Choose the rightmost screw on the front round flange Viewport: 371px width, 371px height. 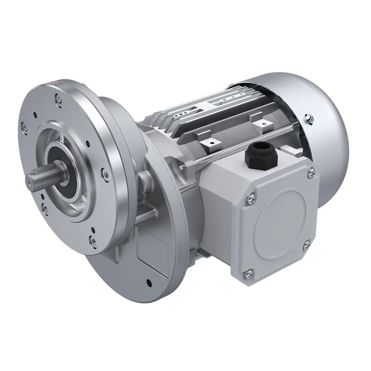click(102, 174)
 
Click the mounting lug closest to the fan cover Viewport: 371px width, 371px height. click(266, 123)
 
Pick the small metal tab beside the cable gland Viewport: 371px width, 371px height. click(290, 149)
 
